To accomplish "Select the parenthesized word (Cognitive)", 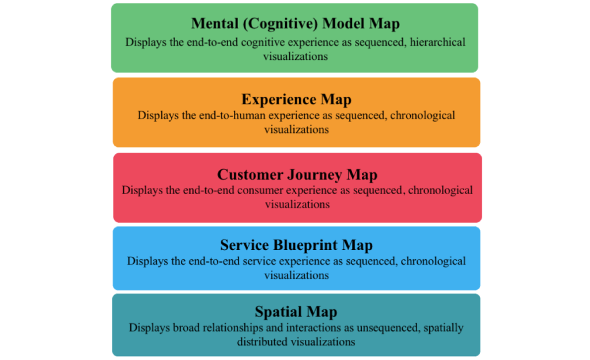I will click(279, 24).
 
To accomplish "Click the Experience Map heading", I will click(296, 99).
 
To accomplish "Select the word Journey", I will click(315, 174).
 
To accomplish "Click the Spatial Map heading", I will click(296, 312).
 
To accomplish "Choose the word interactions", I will click(314, 328).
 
